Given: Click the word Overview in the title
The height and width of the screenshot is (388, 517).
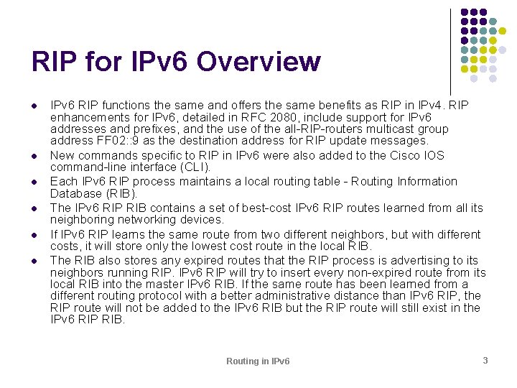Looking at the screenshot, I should (258, 62).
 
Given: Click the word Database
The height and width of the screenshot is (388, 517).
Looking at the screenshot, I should (75, 194).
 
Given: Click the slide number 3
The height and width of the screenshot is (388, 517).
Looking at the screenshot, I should (485, 360).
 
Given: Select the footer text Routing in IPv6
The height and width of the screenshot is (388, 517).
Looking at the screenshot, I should (258, 361).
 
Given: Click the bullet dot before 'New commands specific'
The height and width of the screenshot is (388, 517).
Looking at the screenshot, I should (34, 156).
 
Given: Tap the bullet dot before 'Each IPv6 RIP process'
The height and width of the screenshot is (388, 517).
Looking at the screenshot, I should (34, 183).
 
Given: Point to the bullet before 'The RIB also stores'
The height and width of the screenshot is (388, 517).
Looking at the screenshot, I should (34, 261).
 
